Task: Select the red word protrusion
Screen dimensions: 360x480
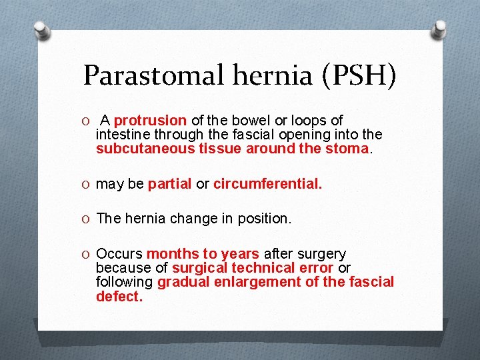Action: tap(150, 121)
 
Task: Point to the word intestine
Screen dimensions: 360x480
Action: tap(121, 135)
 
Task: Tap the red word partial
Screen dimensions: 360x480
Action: tap(170, 184)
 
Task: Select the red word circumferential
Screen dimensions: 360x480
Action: tap(267, 184)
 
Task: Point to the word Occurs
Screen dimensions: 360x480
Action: tap(119, 254)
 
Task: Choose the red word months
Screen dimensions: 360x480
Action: tap(173, 254)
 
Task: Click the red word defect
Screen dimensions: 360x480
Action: tap(119, 297)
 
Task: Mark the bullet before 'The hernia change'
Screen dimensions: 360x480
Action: tap(87, 219)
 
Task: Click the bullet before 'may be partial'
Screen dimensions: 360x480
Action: tap(87, 184)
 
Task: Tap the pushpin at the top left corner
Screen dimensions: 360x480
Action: tap(42, 30)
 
